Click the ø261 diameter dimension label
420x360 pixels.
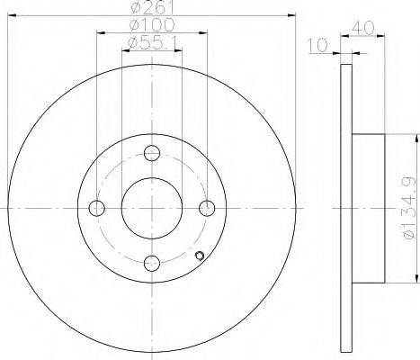(153, 6)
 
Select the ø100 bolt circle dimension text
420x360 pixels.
(152, 24)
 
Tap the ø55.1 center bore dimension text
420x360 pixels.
(151, 43)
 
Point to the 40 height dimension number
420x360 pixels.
(363, 28)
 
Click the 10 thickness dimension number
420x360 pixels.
(318, 45)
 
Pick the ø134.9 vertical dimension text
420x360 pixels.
(409, 208)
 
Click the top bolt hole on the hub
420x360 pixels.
(152, 153)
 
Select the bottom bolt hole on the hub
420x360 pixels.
(152, 263)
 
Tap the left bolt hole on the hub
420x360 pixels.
(97, 208)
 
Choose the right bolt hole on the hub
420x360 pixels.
(207, 208)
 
